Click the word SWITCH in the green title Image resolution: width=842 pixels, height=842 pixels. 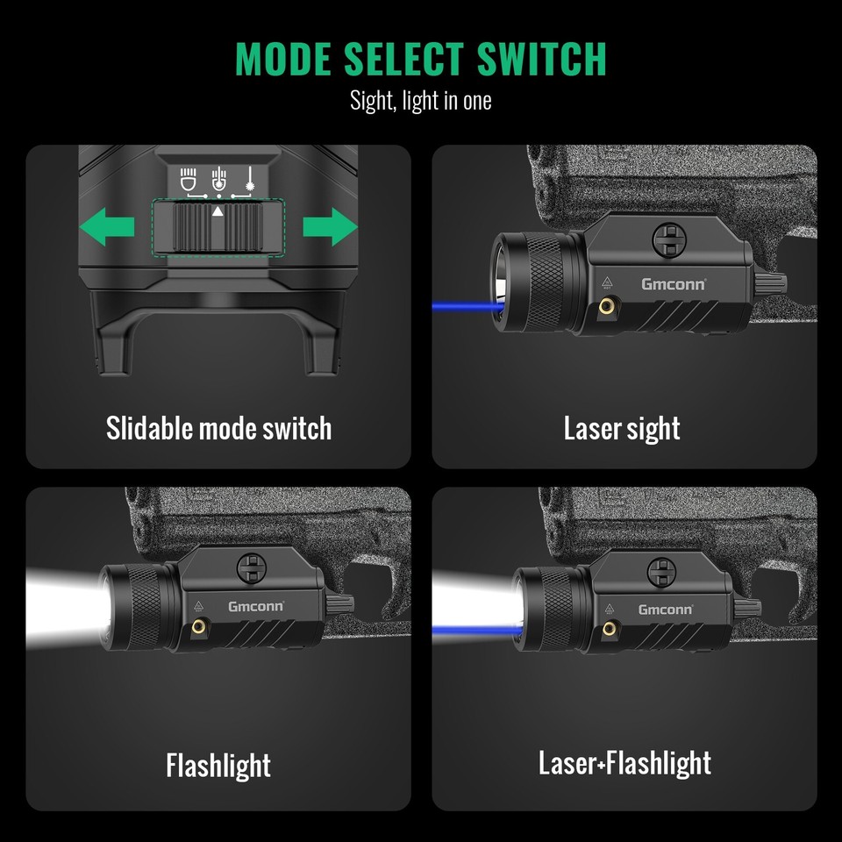pos(541,59)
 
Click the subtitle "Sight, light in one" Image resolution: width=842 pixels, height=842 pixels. pos(421,100)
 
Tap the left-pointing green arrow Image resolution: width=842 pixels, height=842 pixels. pos(107,230)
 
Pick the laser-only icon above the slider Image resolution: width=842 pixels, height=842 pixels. pos(250,179)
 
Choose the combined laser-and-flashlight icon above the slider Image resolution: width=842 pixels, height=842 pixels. pos(218,179)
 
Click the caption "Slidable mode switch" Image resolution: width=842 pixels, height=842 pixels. pos(218,428)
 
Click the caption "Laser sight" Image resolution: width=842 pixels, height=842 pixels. pos(622,428)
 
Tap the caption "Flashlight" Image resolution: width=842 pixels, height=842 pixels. pos(218,765)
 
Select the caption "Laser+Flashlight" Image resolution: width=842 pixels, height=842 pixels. pos(624,763)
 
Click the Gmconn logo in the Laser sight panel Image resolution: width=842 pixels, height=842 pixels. pos(673,283)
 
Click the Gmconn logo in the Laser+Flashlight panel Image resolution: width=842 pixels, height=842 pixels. pos(665,609)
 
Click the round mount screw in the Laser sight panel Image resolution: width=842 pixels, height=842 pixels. pos(669,237)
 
